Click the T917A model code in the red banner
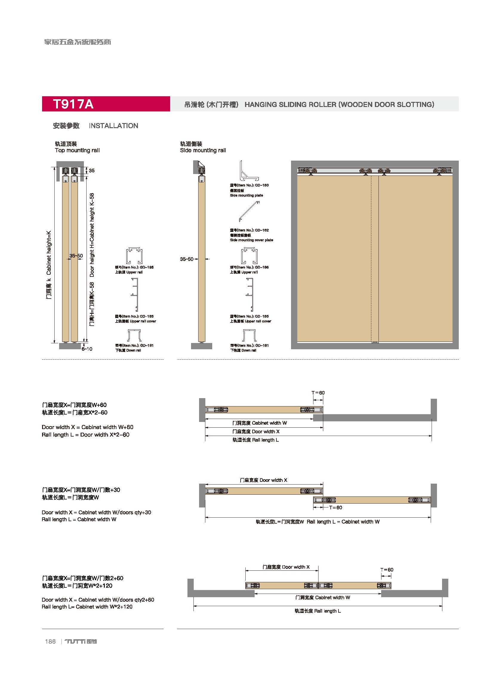coord(73,104)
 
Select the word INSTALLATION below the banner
coord(113,126)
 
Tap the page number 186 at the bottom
coord(50,642)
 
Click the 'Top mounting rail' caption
coord(77,150)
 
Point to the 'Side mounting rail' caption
coord(203,150)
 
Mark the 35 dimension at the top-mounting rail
coord(92,170)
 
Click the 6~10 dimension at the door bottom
coord(87,349)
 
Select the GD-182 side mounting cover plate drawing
coord(249,211)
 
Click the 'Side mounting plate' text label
coord(246,195)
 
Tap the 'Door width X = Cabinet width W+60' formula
coord(87,427)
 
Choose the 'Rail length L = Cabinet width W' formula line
coord(79,519)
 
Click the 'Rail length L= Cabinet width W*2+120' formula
coord(87,606)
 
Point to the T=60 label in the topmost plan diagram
coord(318,393)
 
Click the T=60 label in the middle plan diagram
coord(336,507)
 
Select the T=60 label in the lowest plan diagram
coord(387,570)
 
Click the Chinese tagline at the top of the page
coord(78,42)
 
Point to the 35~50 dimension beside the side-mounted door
coord(186,259)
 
